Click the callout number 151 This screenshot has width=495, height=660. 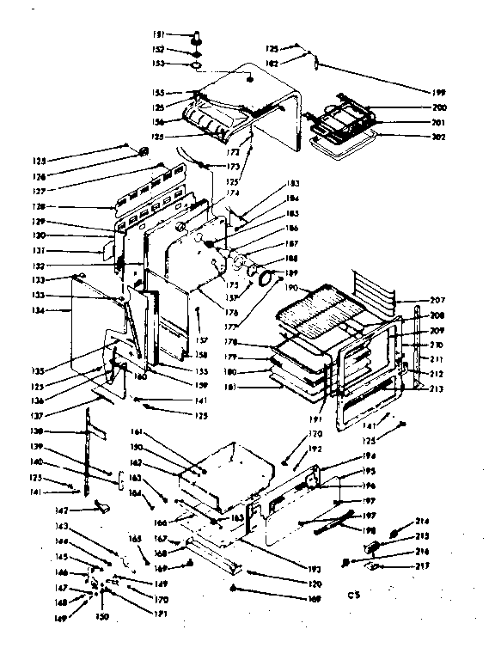click(182, 34)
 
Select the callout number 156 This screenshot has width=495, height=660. click(182, 121)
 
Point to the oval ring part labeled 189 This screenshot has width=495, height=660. click(266, 278)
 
